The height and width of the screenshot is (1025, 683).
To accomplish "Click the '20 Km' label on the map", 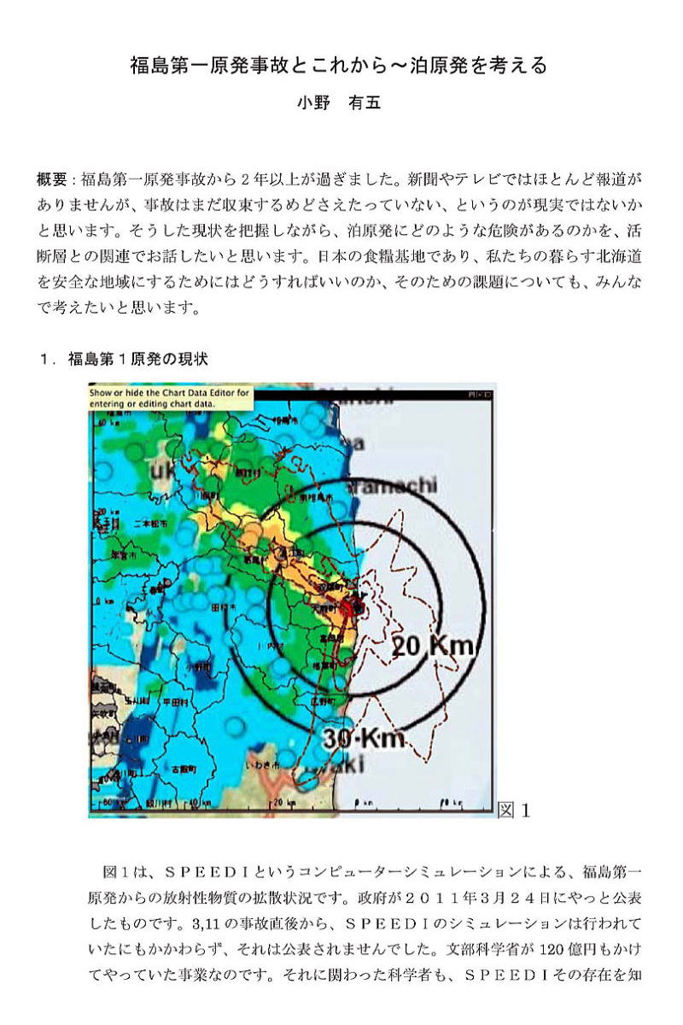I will tap(433, 647).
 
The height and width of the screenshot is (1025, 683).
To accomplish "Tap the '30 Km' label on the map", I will tap(363, 738).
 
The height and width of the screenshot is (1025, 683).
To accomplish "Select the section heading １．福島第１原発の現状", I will tap(124, 360).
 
